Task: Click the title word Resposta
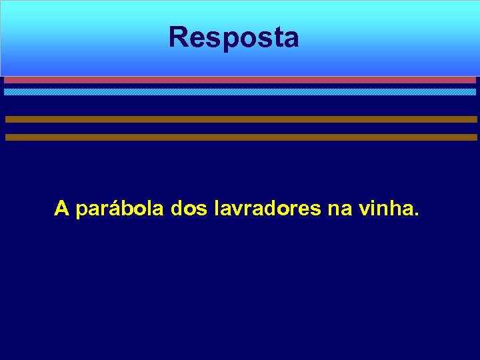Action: (233, 37)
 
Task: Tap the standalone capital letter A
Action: (62, 209)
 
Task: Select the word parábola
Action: (120, 210)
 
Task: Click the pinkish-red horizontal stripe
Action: (240, 79)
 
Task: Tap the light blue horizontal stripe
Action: (240, 92)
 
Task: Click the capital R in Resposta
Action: (178, 37)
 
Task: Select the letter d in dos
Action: (177, 209)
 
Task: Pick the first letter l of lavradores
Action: (217, 209)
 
